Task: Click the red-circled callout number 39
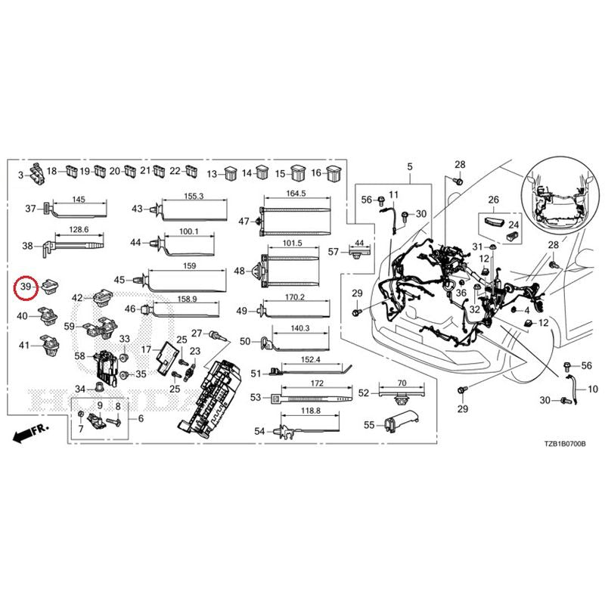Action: (x=26, y=287)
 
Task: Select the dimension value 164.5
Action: (x=296, y=194)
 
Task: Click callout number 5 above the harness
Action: (x=410, y=166)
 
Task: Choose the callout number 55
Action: (x=369, y=425)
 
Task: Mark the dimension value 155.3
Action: (x=194, y=196)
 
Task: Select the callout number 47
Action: (x=244, y=222)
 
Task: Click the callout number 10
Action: (x=592, y=389)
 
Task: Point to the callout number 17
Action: (x=147, y=349)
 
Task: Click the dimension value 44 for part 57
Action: (x=359, y=242)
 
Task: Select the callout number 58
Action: (x=80, y=355)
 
